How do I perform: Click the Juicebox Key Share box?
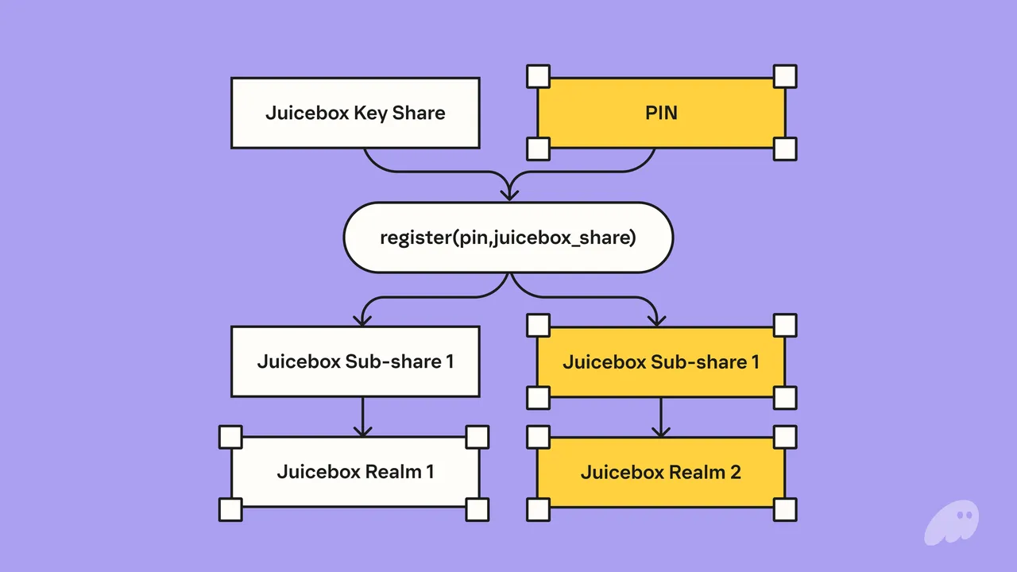click(355, 113)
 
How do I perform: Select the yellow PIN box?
click(662, 113)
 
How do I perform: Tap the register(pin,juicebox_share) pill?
click(508, 238)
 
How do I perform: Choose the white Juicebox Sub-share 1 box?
click(355, 361)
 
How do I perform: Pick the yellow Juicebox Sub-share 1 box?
click(662, 361)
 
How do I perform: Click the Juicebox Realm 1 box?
click(355, 472)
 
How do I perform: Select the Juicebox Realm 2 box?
click(662, 472)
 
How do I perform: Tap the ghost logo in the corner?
click(952, 523)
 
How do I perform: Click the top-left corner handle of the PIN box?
click(539, 76)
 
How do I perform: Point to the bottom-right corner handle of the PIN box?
click(785, 149)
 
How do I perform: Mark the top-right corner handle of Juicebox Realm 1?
click(478, 437)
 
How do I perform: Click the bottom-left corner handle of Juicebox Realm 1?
click(230, 509)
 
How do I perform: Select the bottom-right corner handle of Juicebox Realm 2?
click(785, 509)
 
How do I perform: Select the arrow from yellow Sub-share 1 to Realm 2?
click(660, 417)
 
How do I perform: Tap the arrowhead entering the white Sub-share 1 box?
click(362, 320)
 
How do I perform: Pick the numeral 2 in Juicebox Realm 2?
click(736, 472)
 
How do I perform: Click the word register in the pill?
click(416, 238)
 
